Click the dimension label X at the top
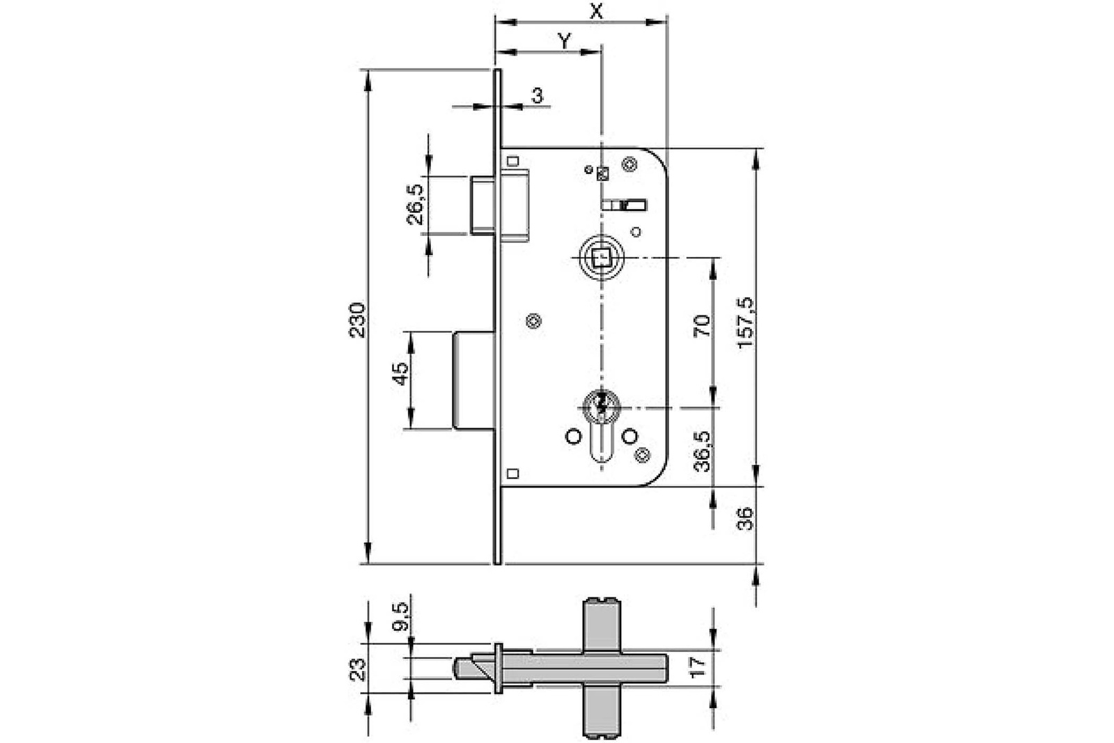(x=595, y=10)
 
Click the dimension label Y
(x=565, y=40)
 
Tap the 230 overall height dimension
(x=356, y=320)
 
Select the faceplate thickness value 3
(x=538, y=95)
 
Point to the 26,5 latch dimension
(x=416, y=204)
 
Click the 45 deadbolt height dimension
(x=400, y=373)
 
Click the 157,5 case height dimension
(x=745, y=322)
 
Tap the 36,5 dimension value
(x=702, y=451)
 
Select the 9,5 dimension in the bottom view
(x=402, y=616)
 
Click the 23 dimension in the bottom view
(x=356, y=669)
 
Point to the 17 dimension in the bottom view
(x=698, y=664)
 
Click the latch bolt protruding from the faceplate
(x=483, y=205)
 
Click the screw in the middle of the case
(x=534, y=321)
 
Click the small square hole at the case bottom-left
(x=513, y=474)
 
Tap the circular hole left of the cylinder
(x=572, y=437)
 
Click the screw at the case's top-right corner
(x=629, y=165)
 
